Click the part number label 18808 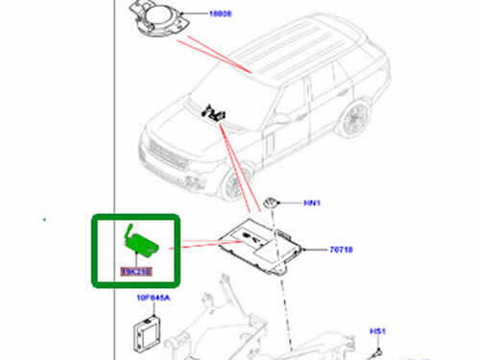coord(221,16)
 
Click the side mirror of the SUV coord(280,121)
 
